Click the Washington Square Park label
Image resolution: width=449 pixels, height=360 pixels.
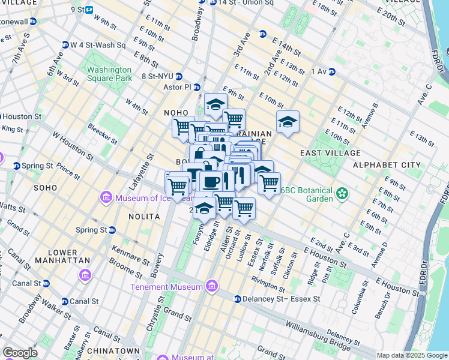(x=109, y=74)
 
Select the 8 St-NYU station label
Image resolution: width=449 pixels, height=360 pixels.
(x=162, y=76)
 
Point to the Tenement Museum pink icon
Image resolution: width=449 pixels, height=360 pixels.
(x=211, y=287)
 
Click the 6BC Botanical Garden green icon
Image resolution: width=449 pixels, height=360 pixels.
(x=342, y=193)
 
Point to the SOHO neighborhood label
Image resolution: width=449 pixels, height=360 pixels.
(x=45, y=188)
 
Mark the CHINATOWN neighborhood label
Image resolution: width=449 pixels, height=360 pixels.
(x=113, y=350)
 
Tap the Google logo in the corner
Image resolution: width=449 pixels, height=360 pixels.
(x=20, y=353)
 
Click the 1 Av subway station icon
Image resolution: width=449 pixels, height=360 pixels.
(x=331, y=72)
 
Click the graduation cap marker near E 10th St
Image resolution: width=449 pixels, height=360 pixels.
(x=288, y=122)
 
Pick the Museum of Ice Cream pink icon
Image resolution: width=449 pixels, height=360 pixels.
(x=106, y=197)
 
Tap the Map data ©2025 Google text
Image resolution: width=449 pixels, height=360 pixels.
(x=411, y=355)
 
